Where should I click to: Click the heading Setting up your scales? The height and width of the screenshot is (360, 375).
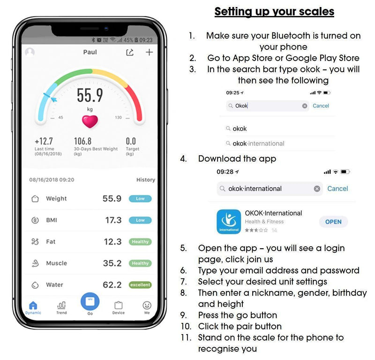[x=274, y=11]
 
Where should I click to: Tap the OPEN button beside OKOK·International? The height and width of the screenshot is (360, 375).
[x=333, y=222]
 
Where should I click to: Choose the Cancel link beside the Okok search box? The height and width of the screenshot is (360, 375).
[x=321, y=106]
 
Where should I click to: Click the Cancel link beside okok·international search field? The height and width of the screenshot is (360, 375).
[x=337, y=188]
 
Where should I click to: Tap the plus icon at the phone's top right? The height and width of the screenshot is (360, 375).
[x=149, y=52]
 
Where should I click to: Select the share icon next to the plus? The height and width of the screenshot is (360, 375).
[x=130, y=52]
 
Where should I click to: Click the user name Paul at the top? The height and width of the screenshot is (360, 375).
[x=90, y=52]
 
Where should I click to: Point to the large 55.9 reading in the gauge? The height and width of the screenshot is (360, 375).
[x=90, y=95]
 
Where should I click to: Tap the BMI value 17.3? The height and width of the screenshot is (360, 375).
[x=113, y=220]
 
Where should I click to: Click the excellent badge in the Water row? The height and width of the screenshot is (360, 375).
[x=140, y=285]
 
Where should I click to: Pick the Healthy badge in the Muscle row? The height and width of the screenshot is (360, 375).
[x=140, y=263]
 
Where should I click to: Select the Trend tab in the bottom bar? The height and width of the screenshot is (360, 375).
[x=61, y=307]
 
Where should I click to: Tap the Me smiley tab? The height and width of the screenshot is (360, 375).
[x=147, y=307]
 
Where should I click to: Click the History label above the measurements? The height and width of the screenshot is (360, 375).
[x=145, y=180]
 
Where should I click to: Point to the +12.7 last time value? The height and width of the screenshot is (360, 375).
[x=44, y=141]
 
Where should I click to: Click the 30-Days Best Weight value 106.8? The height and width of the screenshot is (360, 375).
[x=82, y=141]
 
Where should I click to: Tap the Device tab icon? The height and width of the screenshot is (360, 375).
[x=118, y=307]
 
